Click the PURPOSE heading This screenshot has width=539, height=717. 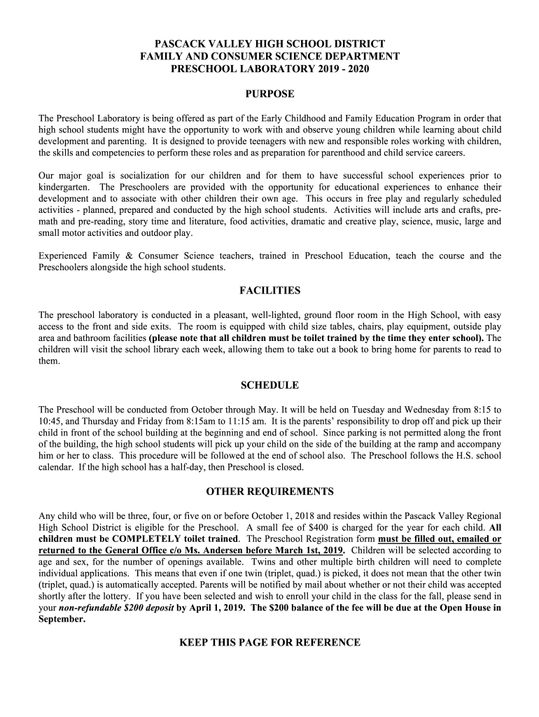pyautogui.click(x=269, y=94)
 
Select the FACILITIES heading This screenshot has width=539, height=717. pyautogui.click(x=269, y=290)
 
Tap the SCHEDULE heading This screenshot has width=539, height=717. pyautogui.click(x=269, y=385)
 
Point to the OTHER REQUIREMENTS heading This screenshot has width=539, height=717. pyautogui.click(x=269, y=491)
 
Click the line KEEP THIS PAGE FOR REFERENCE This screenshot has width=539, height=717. pyautogui.click(x=269, y=642)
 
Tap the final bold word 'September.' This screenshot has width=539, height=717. pyautogui.click(x=62, y=619)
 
